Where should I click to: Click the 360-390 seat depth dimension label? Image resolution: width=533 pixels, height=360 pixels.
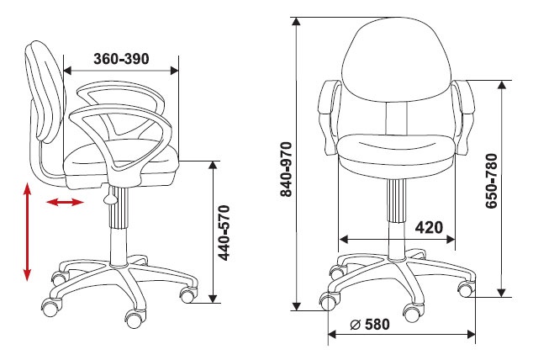(121, 59)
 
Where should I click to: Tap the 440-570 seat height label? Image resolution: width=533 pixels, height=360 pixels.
(224, 233)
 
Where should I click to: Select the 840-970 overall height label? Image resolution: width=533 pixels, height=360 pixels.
(286, 169)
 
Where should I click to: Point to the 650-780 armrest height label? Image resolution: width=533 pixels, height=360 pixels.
(492, 181)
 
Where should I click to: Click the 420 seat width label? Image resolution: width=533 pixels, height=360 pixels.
(429, 227)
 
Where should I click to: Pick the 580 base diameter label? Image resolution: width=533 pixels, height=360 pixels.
(377, 325)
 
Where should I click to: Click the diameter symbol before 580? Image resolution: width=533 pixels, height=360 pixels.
(355, 325)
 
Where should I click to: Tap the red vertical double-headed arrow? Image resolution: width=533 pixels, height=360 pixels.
(27, 232)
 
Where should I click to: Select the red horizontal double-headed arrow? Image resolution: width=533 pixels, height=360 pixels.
(65, 203)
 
